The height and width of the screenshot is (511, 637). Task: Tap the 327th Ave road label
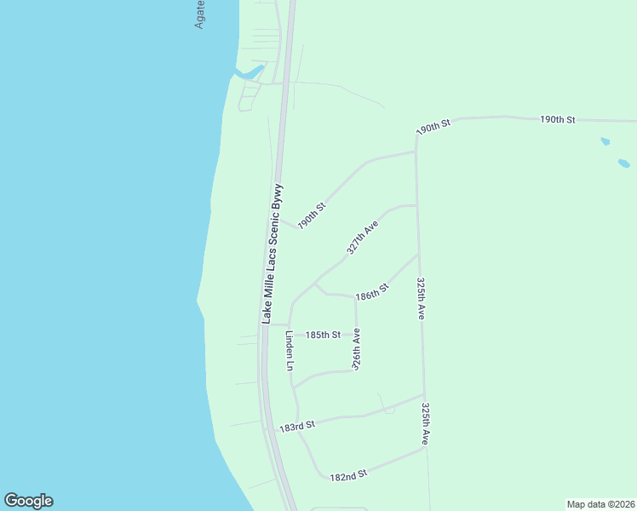(x=363, y=238)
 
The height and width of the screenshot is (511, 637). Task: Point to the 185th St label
(x=324, y=335)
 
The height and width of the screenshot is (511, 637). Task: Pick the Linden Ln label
(x=290, y=350)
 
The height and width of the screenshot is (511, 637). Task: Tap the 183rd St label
(x=297, y=424)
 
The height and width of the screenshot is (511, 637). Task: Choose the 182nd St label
(x=347, y=474)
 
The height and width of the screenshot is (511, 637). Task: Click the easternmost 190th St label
(x=558, y=119)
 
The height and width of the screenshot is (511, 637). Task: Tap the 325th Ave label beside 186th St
(x=421, y=297)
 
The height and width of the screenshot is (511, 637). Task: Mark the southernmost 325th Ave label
(x=425, y=425)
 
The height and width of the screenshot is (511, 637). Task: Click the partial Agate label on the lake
(x=200, y=14)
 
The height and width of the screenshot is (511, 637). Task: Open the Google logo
(x=28, y=501)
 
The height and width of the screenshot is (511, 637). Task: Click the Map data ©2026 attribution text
(x=600, y=503)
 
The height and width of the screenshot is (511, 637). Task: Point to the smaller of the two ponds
(x=605, y=141)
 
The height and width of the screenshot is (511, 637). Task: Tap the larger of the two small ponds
(x=624, y=163)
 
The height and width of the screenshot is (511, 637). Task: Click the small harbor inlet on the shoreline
(x=250, y=73)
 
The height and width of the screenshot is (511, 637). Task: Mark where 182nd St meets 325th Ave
(x=424, y=448)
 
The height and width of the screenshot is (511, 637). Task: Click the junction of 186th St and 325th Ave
(x=418, y=254)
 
